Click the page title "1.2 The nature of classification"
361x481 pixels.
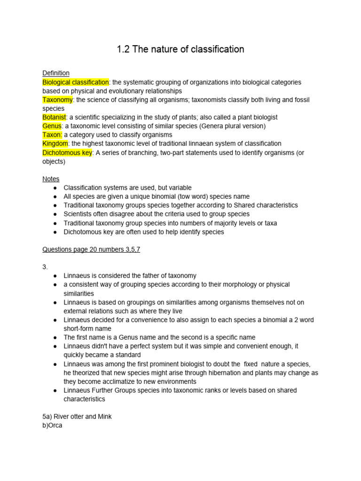click(x=180, y=49)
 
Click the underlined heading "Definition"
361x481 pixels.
click(x=56, y=73)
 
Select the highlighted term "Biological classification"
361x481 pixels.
click(x=76, y=82)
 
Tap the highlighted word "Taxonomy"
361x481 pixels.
click(x=57, y=100)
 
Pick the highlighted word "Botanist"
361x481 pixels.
click(x=55, y=117)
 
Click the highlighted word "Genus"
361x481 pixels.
click(x=52, y=126)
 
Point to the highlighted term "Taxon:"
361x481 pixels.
click(x=52, y=135)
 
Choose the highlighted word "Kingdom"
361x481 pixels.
click(x=55, y=143)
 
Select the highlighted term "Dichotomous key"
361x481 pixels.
click(x=67, y=153)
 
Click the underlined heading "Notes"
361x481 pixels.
click(x=51, y=179)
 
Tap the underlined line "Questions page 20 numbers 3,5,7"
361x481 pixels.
click(x=91, y=249)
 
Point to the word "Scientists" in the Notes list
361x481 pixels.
click(x=78, y=214)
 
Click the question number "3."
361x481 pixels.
click(x=45, y=267)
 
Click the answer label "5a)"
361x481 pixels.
click(x=47, y=417)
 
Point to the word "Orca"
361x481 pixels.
click(x=55, y=426)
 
